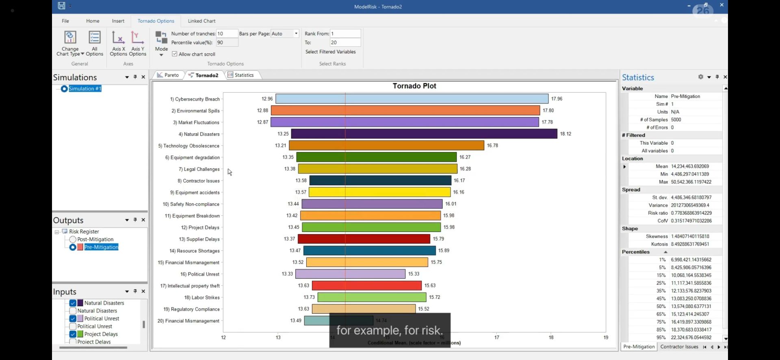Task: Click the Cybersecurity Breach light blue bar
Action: tap(412, 99)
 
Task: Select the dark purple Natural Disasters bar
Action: tap(424, 134)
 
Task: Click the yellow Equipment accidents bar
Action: tap(379, 192)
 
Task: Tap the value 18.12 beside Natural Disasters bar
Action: tap(565, 134)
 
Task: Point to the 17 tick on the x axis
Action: tap(496, 337)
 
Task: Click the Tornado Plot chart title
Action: tap(414, 86)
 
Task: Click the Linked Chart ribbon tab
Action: tap(201, 21)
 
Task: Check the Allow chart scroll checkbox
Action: tap(175, 54)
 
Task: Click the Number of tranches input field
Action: tap(226, 34)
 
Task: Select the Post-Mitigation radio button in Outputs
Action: tap(73, 239)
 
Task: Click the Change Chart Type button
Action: tap(70, 43)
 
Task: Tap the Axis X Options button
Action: tap(118, 43)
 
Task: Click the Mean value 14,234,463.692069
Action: tap(690, 166)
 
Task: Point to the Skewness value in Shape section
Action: tap(690, 236)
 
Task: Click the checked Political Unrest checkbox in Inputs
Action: tap(73, 319)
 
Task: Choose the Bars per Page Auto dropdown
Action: tap(284, 34)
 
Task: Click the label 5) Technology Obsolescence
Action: tap(188, 146)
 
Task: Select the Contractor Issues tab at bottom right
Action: tap(679, 347)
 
